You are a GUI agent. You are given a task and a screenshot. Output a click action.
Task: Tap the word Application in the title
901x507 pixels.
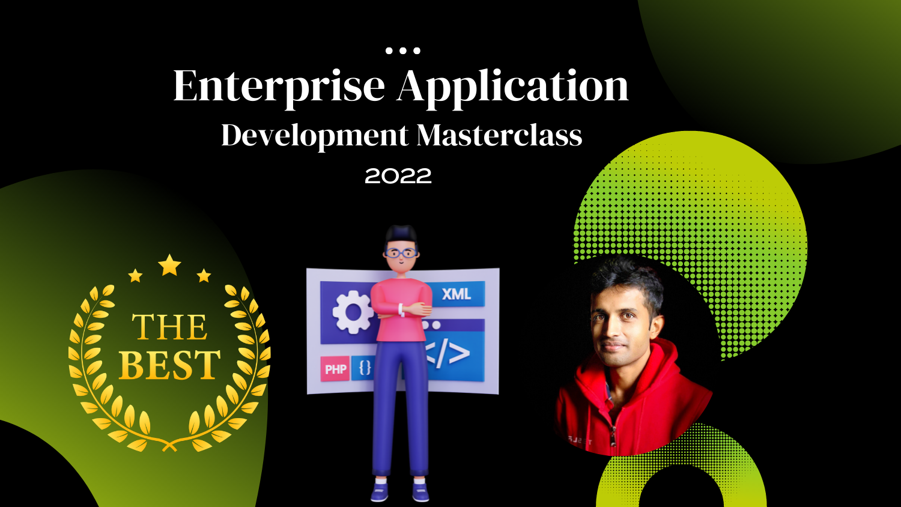click(512, 88)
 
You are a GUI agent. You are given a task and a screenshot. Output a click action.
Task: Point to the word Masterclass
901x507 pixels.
click(500, 135)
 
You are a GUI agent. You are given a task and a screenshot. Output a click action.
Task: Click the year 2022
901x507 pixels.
click(398, 176)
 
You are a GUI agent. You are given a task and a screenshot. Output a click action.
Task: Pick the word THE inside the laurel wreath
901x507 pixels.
click(169, 327)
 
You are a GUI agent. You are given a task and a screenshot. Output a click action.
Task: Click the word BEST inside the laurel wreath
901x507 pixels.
click(170, 365)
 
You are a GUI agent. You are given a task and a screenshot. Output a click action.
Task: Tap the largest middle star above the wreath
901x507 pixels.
click(169, 265)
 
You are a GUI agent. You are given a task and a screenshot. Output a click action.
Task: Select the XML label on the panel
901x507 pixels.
click(456, 294)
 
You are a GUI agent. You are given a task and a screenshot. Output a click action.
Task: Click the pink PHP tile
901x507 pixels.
click(335, 369)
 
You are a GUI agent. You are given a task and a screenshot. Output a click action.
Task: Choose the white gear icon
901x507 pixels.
click(353, 312)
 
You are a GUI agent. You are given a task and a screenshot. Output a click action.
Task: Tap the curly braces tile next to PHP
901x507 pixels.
click(364, 368)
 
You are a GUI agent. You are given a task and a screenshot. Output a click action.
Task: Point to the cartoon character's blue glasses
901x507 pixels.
click(401, 253)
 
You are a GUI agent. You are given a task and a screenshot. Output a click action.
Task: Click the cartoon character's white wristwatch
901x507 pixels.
click(401, 310)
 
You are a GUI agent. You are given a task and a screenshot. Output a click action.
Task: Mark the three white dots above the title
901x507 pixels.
click(402, 50)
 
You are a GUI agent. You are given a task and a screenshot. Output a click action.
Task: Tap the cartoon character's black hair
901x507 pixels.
click(401, 235)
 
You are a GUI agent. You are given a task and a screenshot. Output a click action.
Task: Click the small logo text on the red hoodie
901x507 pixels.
click(580, 442)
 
